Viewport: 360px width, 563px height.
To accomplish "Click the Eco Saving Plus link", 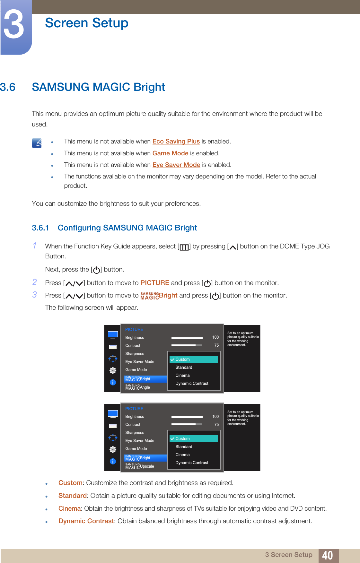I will click(176, 142).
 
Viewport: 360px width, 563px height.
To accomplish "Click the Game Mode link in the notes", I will click(170, 153).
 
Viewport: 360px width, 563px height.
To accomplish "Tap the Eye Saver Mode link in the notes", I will click(176, 165).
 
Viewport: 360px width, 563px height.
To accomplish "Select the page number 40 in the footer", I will click(327, 555).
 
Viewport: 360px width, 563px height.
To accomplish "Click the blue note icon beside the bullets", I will click(37, 143).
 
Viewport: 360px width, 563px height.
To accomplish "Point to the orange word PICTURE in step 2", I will click(155, 283).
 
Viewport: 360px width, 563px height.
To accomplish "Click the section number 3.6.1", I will click(40, 228).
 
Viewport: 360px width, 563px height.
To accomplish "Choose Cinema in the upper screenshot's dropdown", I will click(182, 376).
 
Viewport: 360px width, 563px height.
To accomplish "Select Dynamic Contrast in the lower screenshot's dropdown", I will click(192, 463).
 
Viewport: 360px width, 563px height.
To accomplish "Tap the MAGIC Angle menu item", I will click(138, 387).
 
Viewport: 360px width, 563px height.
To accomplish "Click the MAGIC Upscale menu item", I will click(140, 466).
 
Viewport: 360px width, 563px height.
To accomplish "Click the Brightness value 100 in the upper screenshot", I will click(215, 337).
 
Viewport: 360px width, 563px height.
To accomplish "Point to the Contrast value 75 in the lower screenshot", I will click(216, 425).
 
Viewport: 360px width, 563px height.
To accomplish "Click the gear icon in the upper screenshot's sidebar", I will click(113, 370).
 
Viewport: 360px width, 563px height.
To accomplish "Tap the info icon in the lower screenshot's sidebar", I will click(113, 461).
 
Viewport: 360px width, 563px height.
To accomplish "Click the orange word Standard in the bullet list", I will click(73, 496).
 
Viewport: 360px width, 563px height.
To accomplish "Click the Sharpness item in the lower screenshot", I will click(135, 433).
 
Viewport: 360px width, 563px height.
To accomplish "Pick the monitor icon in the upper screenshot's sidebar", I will click(113, 335).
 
